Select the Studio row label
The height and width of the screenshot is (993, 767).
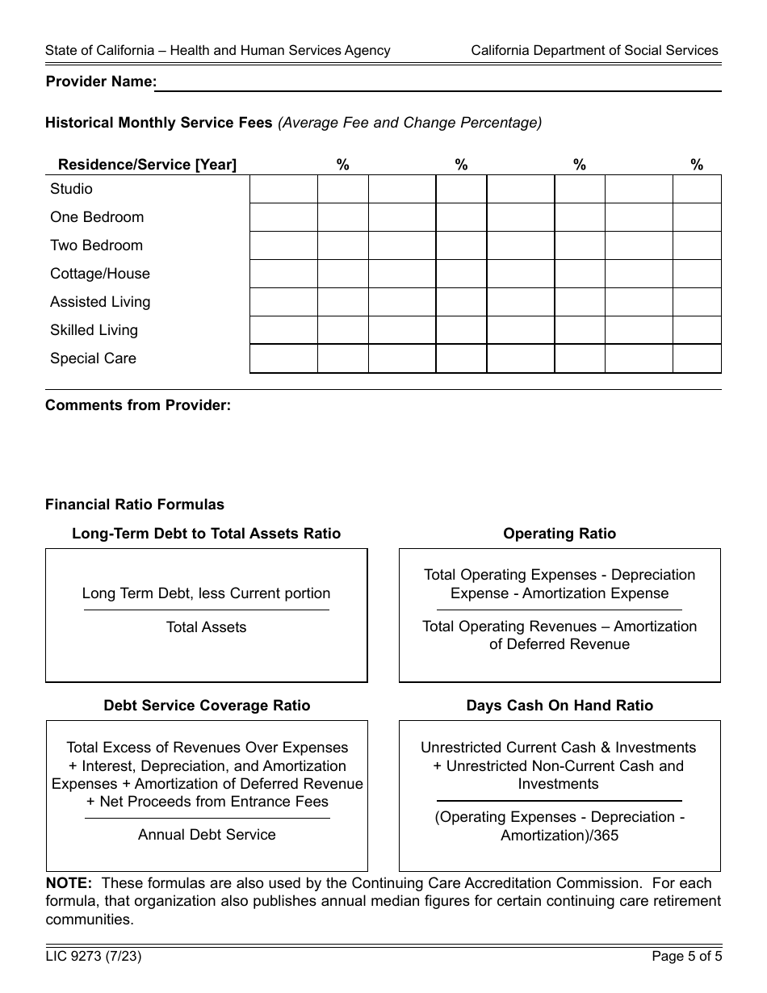[x=71, y=189]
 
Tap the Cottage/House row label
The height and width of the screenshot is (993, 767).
[x=100, y=274]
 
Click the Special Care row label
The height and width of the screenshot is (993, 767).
[x=93, y=358]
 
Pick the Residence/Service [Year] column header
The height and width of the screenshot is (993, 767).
[x=147, y=165]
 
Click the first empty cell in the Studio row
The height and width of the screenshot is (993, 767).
[x=283, y=189]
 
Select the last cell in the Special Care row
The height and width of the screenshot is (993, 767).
[x=696, y=358]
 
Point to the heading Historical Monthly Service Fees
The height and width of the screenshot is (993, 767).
[x=159, y=123]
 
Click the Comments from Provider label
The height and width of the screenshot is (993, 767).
[x=138, y=405]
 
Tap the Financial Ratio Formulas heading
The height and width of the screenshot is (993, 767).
[x=135, y=505]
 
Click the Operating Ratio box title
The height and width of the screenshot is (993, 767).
[x=559, y=534]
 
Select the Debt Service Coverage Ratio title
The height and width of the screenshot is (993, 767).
[x=207, y=706]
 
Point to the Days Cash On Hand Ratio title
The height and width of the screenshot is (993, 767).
[x=559, y=706]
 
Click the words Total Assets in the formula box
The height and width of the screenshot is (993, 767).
[x=206, y=627]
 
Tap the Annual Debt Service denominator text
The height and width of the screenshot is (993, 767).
[x=207, y=835]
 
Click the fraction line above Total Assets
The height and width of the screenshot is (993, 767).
[x=206, y=610]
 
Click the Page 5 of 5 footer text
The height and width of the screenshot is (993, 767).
[x=686, y=957]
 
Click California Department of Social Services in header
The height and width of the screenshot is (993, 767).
[x=594, y=50]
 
